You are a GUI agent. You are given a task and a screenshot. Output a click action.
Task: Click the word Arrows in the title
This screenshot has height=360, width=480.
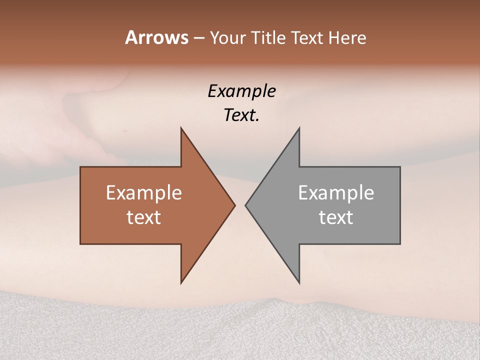tap(156, 37)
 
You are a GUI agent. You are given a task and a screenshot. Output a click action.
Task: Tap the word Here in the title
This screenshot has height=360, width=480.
tap(346, 37)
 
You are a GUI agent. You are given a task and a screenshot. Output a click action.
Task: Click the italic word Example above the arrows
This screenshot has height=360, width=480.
tap(242, 91)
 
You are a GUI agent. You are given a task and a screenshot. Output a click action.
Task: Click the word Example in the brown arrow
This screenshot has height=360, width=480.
tap(144, 193)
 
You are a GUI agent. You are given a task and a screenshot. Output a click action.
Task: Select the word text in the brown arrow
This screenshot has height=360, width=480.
tap(144, 217)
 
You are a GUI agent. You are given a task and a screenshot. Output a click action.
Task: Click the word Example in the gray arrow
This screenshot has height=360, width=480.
tap(336, 193)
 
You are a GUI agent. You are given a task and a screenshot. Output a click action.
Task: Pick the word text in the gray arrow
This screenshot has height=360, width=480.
tap(336, 217)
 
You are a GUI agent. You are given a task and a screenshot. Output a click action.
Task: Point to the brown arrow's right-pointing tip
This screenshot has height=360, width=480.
tap(235, 205)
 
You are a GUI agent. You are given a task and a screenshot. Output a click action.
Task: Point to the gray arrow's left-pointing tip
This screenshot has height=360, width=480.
tap(245, 205)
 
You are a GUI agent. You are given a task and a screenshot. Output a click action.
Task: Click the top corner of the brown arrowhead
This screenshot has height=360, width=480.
tap(181, 128)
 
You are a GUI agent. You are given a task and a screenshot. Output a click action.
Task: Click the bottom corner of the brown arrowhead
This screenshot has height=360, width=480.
tap(181, 283)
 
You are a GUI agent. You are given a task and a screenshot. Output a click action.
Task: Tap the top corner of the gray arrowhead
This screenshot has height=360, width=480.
tap(299, 128)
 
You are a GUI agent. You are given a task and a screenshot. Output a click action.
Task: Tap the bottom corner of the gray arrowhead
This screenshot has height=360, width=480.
tap(299, 283)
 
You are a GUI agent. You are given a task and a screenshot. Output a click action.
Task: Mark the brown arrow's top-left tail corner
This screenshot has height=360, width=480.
tap(80, 167)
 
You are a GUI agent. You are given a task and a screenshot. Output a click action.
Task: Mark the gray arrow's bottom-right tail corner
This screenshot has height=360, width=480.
tap(400, 244)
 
